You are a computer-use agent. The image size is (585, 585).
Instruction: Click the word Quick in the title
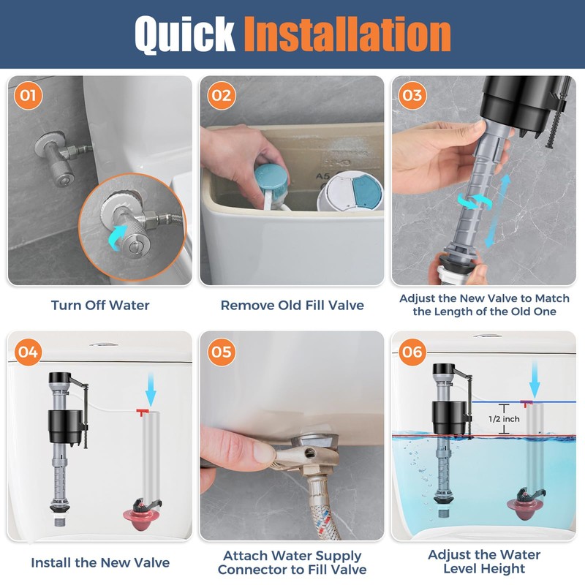click(x=185, y=34)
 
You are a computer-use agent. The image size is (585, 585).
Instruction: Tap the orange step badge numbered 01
click(x=29, y=96)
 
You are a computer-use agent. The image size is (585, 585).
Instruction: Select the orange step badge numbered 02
click(x=222, y=96)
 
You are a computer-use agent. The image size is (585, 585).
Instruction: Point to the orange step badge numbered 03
click(x=412, y=96)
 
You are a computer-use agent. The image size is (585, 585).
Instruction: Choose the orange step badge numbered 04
click(x=29, y=352)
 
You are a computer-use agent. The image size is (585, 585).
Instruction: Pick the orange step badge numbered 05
click(x=222, y=352)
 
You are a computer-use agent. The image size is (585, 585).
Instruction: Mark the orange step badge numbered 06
click(x=412, y=352)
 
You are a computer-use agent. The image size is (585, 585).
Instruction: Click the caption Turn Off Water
click(x=100, y=305)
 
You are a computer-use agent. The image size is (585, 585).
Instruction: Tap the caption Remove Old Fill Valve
click(x=292, y=305)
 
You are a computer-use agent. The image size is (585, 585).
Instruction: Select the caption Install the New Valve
click(x=100, y=562)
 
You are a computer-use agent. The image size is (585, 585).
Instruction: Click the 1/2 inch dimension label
click(x=504, y=419)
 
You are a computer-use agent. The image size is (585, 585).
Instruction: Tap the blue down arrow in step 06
click(x=535, y=380)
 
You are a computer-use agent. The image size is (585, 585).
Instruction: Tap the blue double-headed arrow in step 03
click(x=497, y=211)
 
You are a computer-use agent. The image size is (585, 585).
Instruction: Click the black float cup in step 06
click(x=449, y=418)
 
